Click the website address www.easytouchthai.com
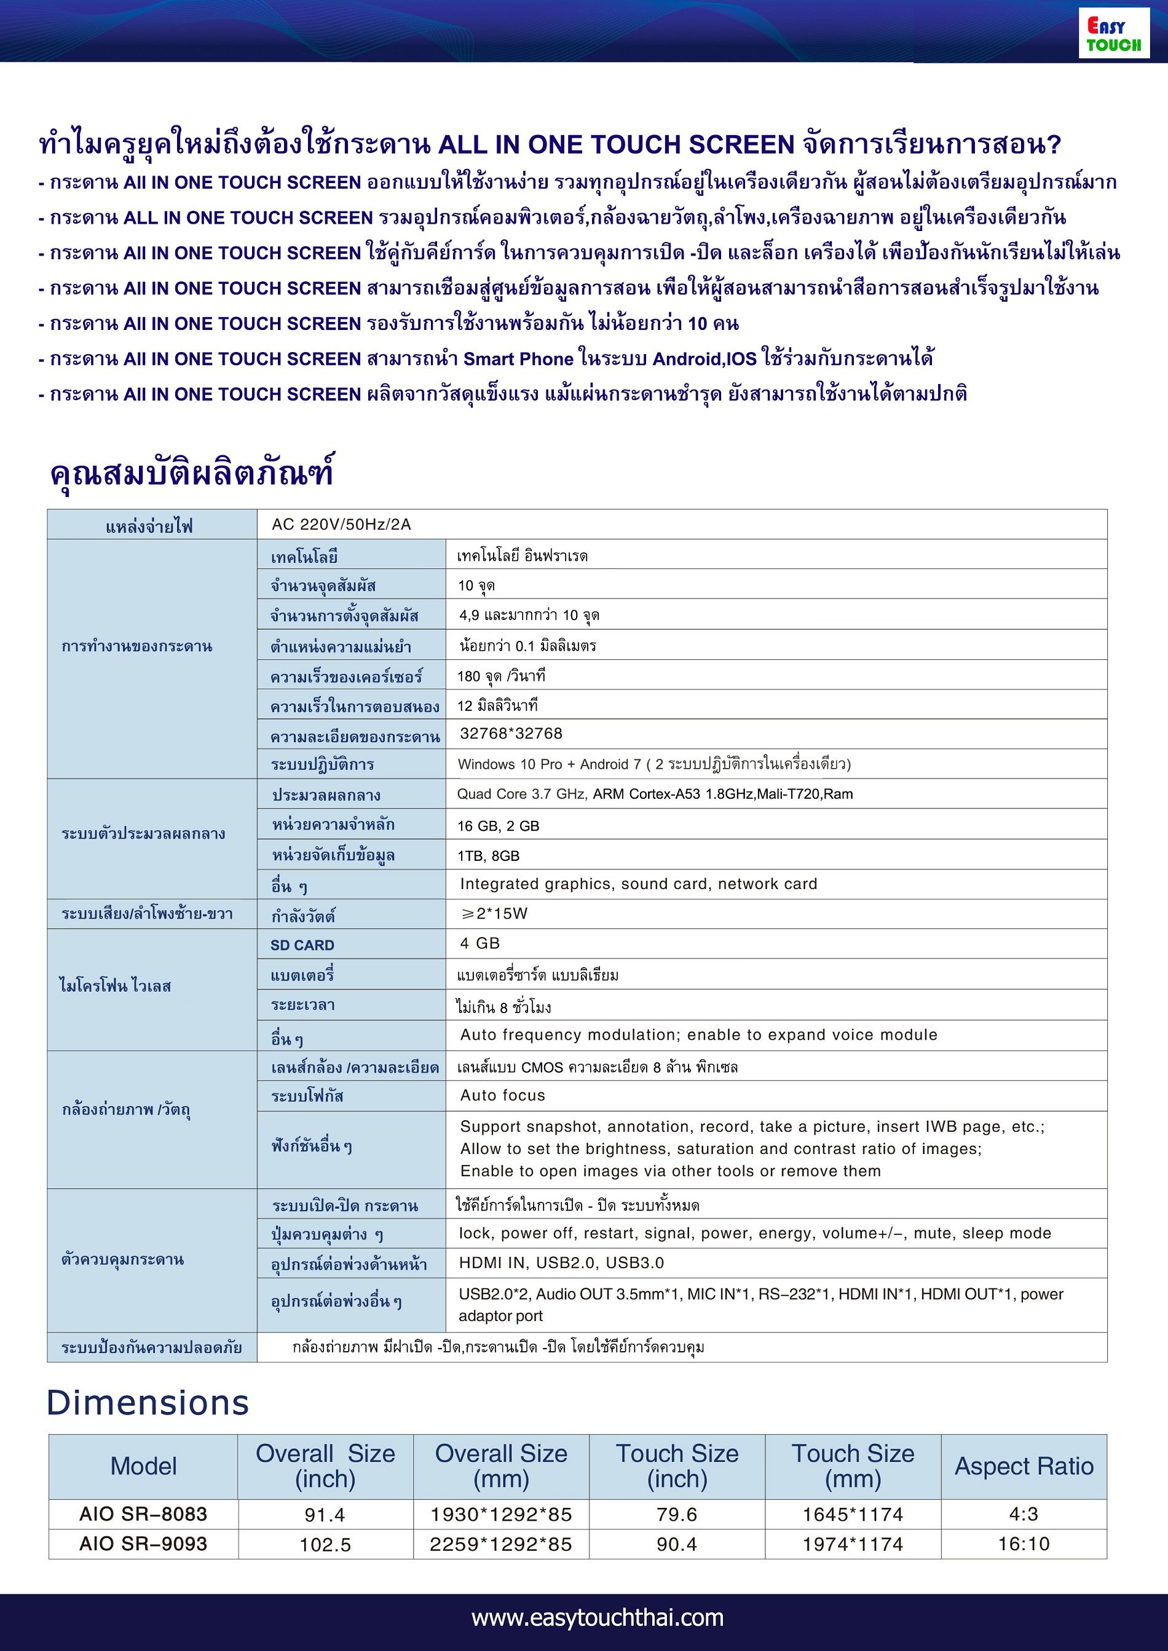coord(598,1617)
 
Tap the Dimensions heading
coord(148,1403)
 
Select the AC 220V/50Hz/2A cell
coord(341,524)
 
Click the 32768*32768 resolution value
coord(511,734)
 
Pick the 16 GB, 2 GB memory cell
coord(498,826)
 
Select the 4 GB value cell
coord(479,943)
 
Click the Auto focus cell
coord(503,1095)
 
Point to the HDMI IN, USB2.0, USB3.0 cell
coord(561,1263)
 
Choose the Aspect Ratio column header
coord(1024,1466)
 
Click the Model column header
coord(143,1466)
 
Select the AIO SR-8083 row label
coord(143,1513)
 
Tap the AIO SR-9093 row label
coord(143,1544)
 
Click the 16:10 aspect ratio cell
coord(1024,1544)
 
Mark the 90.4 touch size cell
coord(677,1544)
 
